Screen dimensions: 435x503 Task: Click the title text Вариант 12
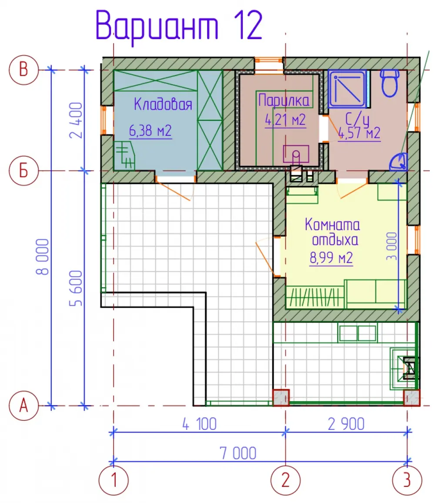[x=179, y=26]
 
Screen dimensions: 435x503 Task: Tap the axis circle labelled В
[x=24, y=70]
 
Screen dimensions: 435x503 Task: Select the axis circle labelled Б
[x=24, y=170]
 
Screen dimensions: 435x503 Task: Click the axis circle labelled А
[x=24, y=406]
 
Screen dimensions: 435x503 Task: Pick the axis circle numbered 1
[x=114, y=480]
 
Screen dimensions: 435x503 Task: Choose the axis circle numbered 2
[x=285, y=480]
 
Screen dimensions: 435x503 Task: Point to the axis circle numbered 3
[x=407, y=480]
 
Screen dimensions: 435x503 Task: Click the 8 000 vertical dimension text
[x=43, y=257]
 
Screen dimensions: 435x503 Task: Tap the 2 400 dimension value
[x=76, y=120]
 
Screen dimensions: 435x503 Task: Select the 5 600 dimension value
[x=76, y=288]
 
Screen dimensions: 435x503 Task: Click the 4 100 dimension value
[x=200, y=424]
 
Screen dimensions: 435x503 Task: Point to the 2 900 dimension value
[x=346, y=424]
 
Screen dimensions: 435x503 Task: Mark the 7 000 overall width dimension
[x=238, y=453]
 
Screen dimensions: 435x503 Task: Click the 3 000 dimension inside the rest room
[x=391, y=246]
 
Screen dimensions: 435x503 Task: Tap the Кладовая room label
[x=163, y=104]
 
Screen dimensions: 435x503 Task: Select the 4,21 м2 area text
[x=285, y=120]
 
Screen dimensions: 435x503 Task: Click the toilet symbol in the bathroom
[x=389, y=83]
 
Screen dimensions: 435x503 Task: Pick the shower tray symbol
[x=347, y=89]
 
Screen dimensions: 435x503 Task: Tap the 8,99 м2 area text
[x=331, y=258]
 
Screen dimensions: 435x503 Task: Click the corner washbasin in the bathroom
[x=399, y=162]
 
